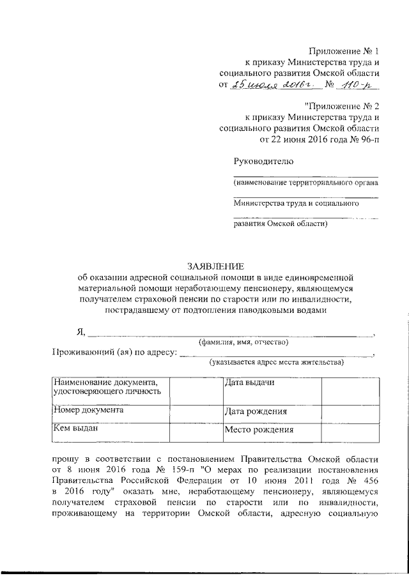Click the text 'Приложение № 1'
(x=344, y=50)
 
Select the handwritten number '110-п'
(x=359, y=85)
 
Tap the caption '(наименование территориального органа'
(x=305, y=183)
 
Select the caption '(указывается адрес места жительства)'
(x=276, y=363)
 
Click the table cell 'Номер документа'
(x=89, y=411)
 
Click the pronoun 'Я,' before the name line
(x=81, y=331)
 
